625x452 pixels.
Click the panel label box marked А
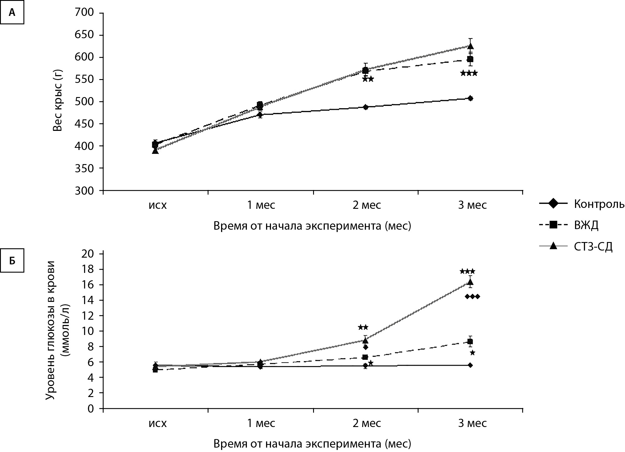(x=12, y=13)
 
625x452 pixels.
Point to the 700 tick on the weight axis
(x=85, y=13)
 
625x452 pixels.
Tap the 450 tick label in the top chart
(x=85, y=124)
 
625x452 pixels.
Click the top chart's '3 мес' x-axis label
(x=472, y=205)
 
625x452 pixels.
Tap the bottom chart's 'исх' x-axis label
(x=158, y=423)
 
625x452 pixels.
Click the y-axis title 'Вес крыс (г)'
(x=58, y=102)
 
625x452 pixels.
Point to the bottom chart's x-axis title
(x=312, y=443)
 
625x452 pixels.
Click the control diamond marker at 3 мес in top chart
(x=470, y=98)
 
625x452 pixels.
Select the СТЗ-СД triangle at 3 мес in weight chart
(x=470, y=46)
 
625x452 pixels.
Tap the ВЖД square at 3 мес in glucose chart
(x=470, y=342)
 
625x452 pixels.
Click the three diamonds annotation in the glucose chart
(x=472, y=296)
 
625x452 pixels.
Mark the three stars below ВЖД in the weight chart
(x=469, y=73)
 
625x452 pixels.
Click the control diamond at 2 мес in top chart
(x=365, y=107)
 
